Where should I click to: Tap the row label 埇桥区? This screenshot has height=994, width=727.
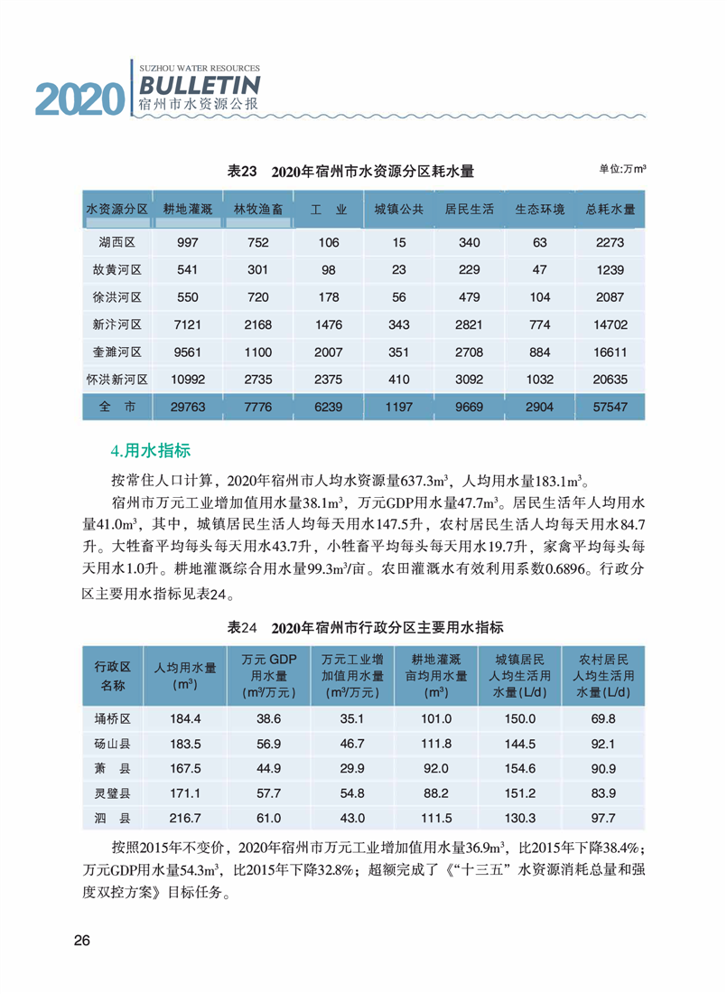[114, 718]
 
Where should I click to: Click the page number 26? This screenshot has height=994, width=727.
[81, 942]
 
